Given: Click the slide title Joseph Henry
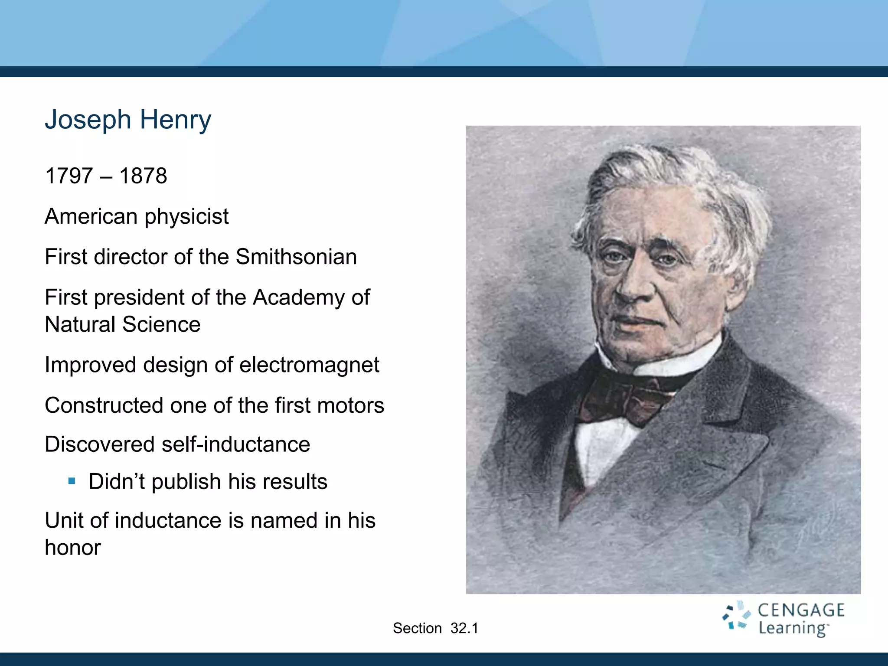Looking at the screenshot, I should click(x=128, y=120).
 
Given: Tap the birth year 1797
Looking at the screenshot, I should click(x=69, y=176).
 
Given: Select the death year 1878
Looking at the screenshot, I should click(x=143, y=176).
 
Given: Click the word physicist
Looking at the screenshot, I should click(x=186, y=217).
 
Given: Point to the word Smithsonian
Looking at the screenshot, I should click(x=296, y=257).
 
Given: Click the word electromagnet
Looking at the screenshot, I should click(x=309, y=365).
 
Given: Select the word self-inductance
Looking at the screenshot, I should click(x=235, y=444).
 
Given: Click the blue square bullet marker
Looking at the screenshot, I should click(x=72, y=481).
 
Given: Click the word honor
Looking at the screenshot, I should click(x=73, y=548).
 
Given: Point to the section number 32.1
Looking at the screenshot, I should click(x=464, y=628).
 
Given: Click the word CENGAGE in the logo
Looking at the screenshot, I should click(x=801, y=610).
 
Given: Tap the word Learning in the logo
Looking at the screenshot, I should click(x=793, y=628).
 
